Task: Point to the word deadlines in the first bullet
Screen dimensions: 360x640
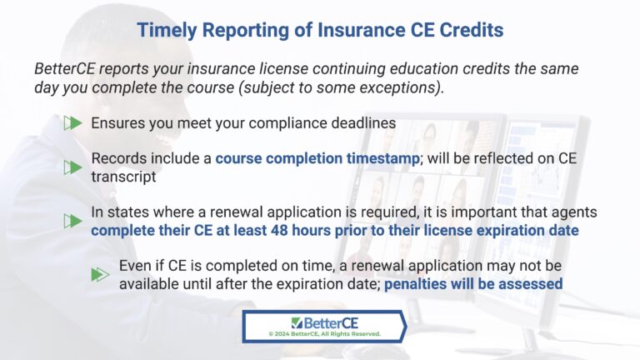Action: (361, 122)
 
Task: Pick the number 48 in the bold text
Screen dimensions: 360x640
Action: (313, 230)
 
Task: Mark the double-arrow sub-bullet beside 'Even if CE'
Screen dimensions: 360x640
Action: (101, 274)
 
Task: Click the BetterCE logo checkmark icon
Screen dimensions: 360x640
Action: (297, 322)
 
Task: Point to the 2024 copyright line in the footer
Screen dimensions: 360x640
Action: (324, 333)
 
